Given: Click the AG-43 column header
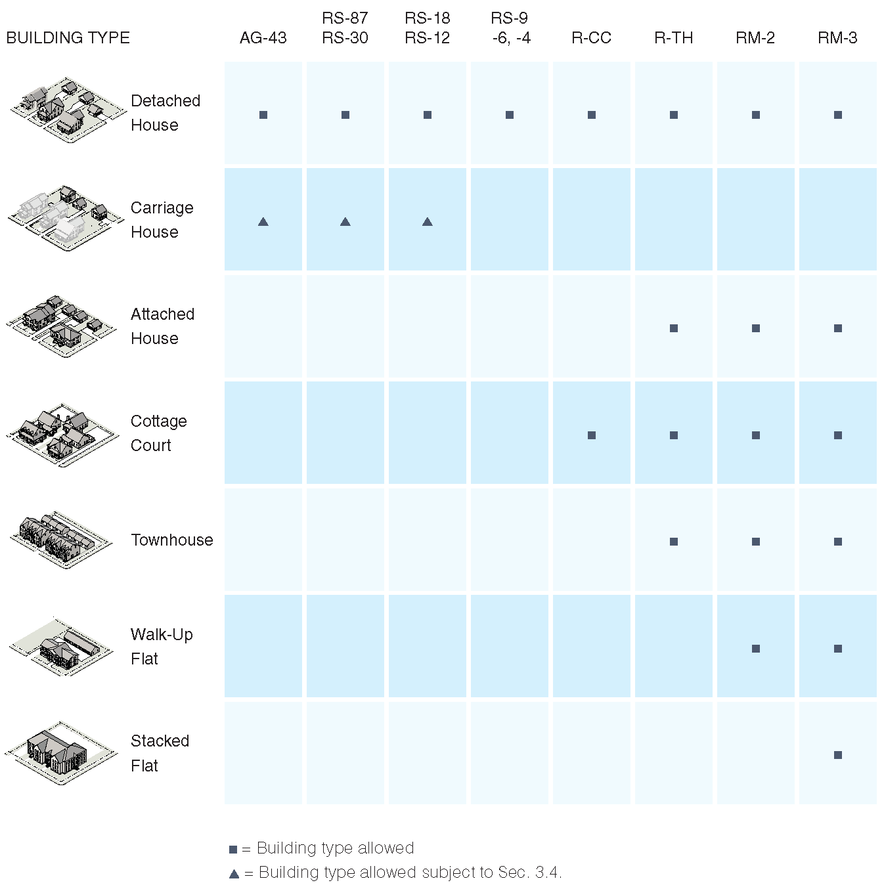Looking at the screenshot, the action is click(263, 37).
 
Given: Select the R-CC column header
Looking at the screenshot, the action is click(592, 37).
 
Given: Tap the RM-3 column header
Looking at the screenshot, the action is click(837, 37).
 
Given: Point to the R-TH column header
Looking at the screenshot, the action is click(673, 37).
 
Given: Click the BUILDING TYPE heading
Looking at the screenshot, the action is click(68, 37).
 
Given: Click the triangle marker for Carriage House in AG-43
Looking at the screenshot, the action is click(263, 222).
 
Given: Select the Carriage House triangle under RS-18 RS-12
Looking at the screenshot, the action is click(428, 222).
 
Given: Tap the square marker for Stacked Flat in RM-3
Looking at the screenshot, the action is click(838, 755).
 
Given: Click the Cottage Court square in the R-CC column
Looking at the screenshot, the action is click(592, 435).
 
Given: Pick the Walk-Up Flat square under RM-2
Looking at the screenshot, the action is click(756, 649).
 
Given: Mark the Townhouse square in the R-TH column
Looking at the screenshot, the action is click(674, 542).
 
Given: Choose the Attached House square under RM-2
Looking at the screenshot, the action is click(756, 328).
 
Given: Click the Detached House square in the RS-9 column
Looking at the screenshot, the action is click(510, 115).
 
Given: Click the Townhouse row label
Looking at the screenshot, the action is click(172, 540).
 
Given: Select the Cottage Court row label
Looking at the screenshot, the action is click(158, 433).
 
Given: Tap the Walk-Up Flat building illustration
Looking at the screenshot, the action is click(61, 646).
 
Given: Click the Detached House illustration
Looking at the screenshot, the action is click(68, 110).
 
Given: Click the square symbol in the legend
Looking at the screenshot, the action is click(233, 850).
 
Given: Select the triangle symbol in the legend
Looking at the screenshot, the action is click(234, 874).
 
